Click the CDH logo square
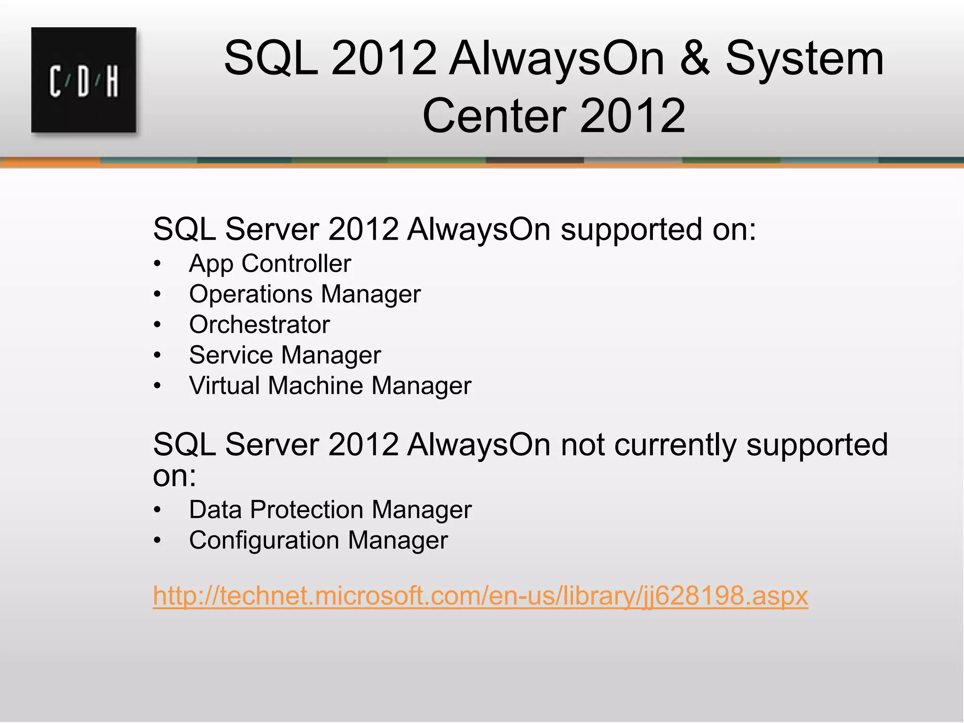tap(84, 80)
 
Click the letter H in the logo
tap(112, 82)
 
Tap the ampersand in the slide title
tap(695, 58)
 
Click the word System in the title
tap(804, 58)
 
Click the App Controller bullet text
tap(270, 264)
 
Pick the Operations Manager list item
tap(305, 294)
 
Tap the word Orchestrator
tap(259, 325)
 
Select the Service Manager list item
tap(285, 355)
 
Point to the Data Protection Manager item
tap(330, 510)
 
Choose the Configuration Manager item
tap(318, 540)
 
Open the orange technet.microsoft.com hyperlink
tap(480, 596)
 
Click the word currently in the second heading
tap(675, 444)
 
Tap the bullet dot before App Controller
tap(158, 264)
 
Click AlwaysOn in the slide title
tap(556, 58)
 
